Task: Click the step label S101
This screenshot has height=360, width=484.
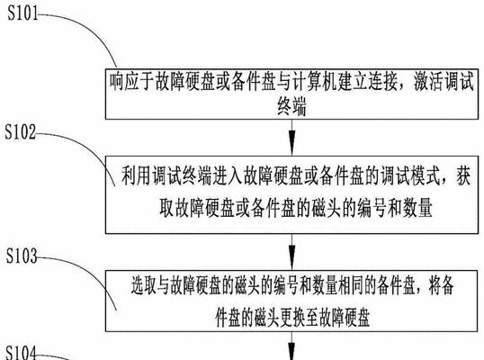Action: tap(22, 13)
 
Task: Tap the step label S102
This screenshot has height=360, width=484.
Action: tap(21, 131)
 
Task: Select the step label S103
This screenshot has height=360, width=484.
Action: tap(22, 256)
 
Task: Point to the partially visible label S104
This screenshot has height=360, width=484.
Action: tap(21, 353)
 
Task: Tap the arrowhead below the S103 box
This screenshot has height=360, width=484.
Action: tap(291, 351)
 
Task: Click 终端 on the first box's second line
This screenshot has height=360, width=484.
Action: tap(291, 106)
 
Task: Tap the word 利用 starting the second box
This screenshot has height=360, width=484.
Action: tap(136, 176)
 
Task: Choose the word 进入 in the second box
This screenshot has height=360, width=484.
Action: tap(227, 176)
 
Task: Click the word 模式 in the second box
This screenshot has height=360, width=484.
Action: tap(425, 176)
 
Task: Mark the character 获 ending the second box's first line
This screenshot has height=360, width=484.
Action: tap(463, 176)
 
